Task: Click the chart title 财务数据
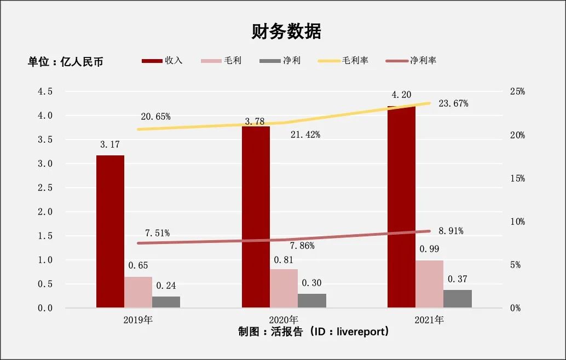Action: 286,32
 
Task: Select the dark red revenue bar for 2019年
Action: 110,231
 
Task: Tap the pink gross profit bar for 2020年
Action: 284,288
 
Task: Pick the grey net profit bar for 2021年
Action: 458,298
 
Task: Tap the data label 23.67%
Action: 453,103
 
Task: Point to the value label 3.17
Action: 110,145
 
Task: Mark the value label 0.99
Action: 429,249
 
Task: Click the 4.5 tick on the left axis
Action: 45,91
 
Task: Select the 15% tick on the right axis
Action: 517,178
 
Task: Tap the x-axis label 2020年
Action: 284,320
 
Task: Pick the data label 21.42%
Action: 305,135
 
